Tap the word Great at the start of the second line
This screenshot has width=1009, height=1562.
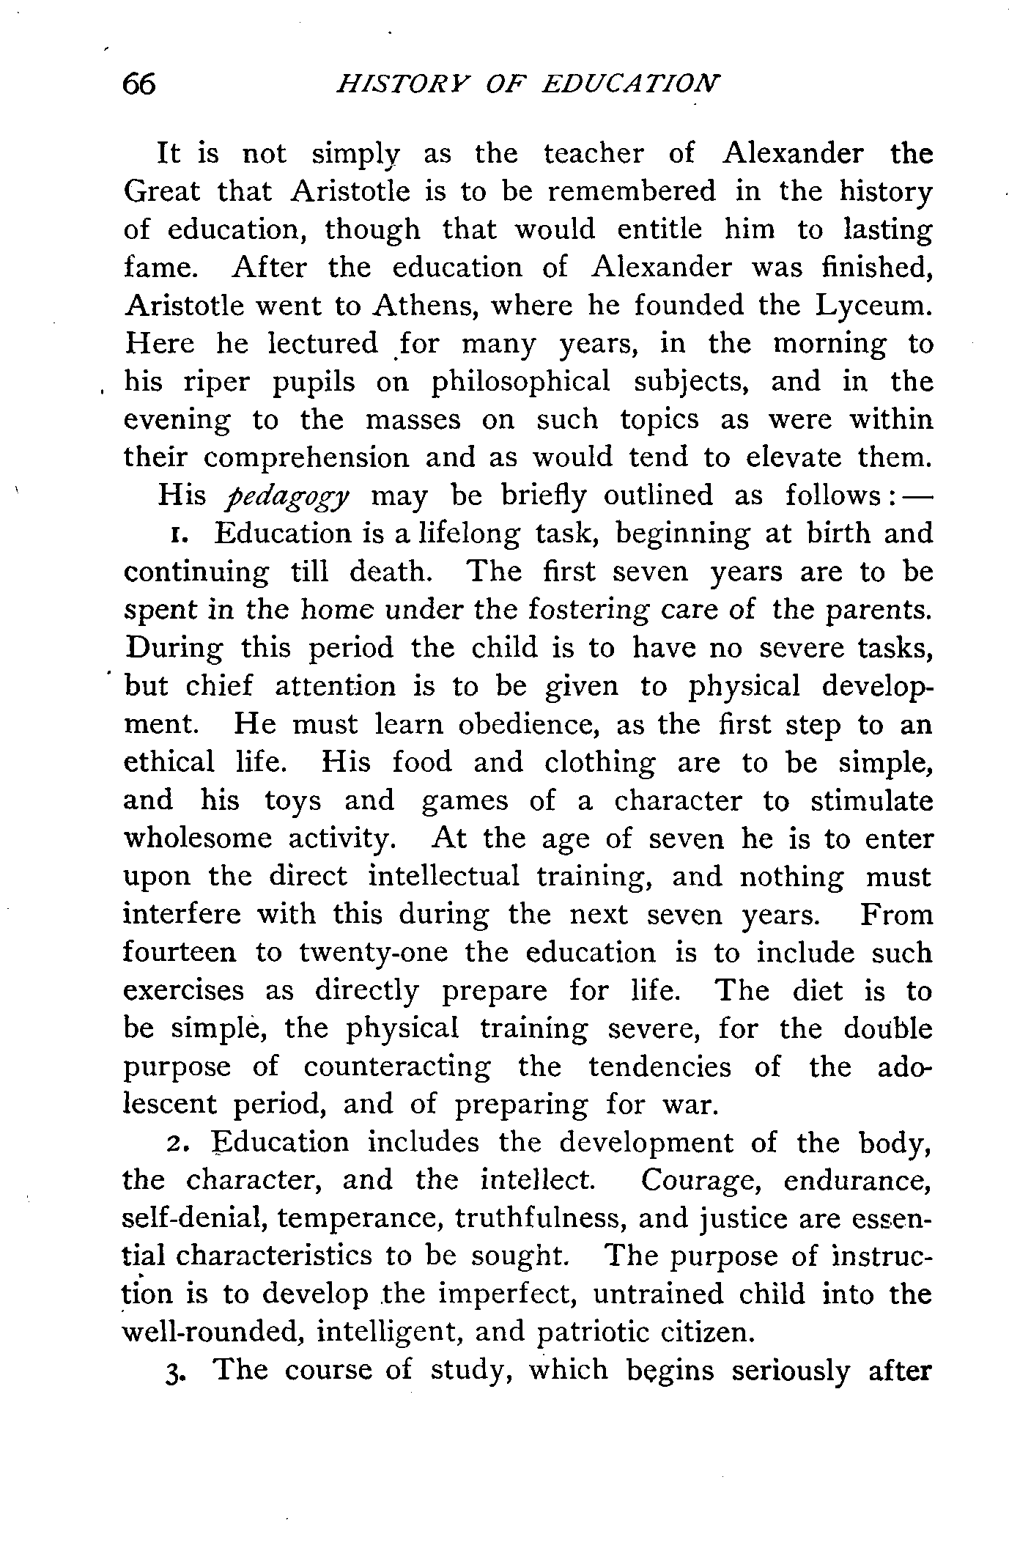(x=161, y=192)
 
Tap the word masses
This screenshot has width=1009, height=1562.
(x=413, y=421)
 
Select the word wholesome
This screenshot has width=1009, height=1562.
(x=198, y=839)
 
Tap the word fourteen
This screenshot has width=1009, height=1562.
(x=180, y=954)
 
